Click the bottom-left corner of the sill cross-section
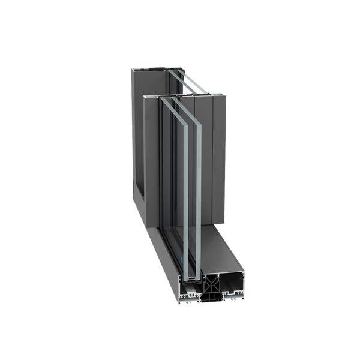point(181,296)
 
